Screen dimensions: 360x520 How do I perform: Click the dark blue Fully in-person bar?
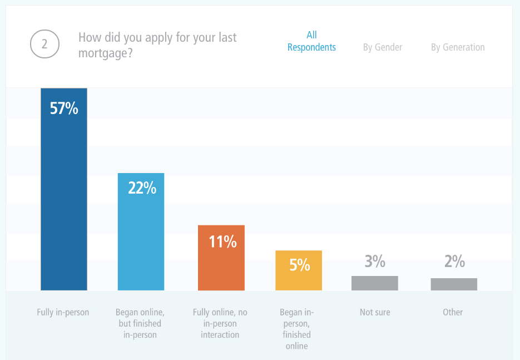(x=64, y=200)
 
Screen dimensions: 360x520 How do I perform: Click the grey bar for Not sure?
(x=375, y=283)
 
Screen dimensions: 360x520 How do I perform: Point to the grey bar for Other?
(x=454, y=284)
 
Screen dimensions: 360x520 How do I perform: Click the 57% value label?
(x=64, y=107)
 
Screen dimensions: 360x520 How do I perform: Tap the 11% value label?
(x=222, y=241)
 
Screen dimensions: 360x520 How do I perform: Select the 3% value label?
(x=375, y=261)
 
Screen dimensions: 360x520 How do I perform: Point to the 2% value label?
(x=454, y=261)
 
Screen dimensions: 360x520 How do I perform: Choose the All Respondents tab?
(x=311, y=41)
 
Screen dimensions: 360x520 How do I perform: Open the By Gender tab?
(x=383, y=47)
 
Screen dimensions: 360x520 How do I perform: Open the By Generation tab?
(x=458, y=47)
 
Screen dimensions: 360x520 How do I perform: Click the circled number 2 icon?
(x=44, y=45)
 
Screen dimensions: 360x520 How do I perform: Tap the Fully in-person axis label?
(x=63, y=312)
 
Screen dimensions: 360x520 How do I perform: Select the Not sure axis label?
(x=375, y=312)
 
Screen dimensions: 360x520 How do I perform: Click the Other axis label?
(x=453, y=312)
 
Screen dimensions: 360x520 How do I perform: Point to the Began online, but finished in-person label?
(x=140, y=323)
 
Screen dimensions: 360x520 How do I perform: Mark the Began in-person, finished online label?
(x=296, y=329)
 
